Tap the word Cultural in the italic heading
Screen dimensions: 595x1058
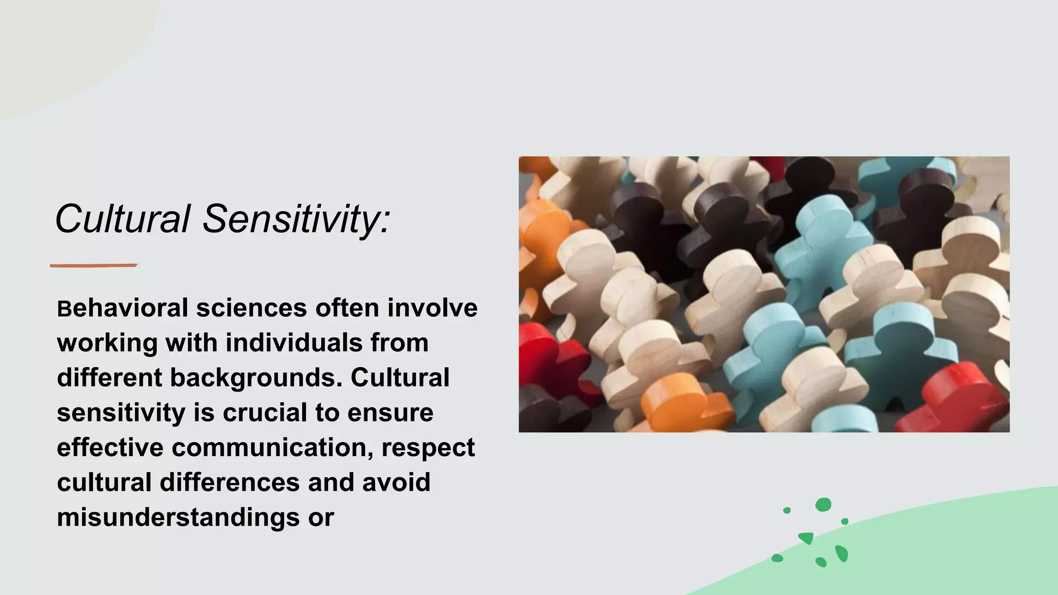point(123,219)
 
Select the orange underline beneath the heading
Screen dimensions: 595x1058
point(94,265)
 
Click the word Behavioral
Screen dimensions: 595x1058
point(122,308)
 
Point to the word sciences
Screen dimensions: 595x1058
point(252,308)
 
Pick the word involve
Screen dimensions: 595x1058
point(432,308)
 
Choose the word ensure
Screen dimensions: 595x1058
point(390,413)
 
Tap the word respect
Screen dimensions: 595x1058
point(428,447)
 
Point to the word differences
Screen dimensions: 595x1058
point(230,482)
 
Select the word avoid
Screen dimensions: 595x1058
point(396,482)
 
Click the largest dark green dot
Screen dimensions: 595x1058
point(823,505)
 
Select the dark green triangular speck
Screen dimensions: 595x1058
point(806,538)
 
